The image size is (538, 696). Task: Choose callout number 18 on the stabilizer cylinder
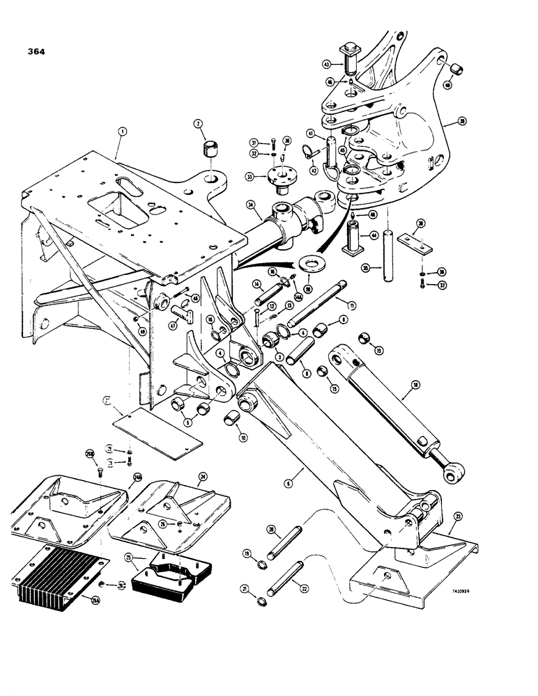[x=414, y=384]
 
